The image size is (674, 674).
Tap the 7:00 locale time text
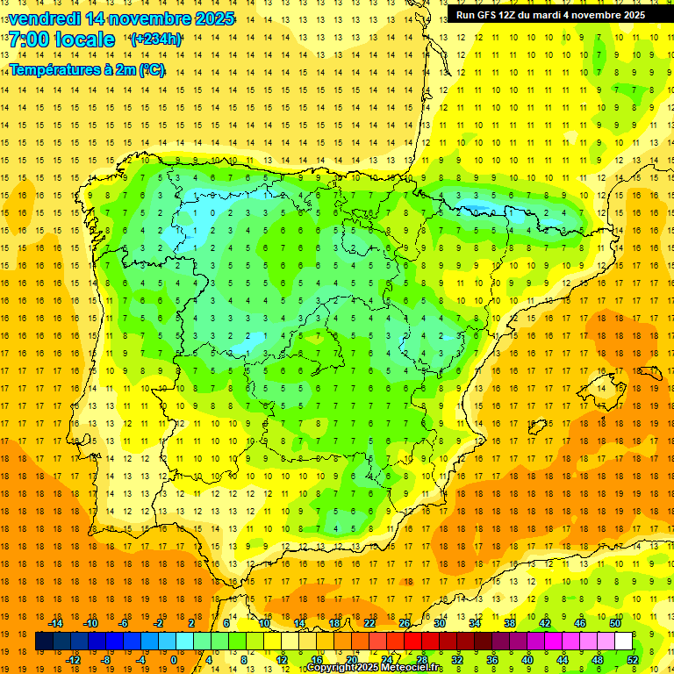[x=61, y=39]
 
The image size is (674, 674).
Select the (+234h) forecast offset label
[x=155, y=39]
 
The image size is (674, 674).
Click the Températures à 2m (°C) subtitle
[x=87, y=69]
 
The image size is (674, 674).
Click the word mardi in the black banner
[x=556, y=15]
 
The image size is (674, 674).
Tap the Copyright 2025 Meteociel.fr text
[x=374, y=668]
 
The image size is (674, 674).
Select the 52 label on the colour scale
[x=634, y=659]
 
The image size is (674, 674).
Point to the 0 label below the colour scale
[x=173, y=659]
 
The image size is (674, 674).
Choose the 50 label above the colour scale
[x=614, y=623]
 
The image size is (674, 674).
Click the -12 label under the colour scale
[x=73, y=659]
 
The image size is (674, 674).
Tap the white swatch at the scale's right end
[x=623, y=642]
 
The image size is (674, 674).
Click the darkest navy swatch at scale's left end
[x=44, y=642]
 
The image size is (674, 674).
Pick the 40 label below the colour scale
[x=527, y=659]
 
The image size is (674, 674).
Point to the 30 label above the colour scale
[x=439, y=623]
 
